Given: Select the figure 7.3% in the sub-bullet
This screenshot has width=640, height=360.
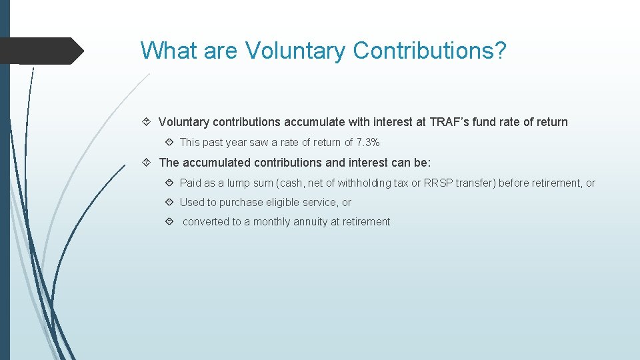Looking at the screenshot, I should (368, 142).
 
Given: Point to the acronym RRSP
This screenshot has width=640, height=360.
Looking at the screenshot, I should (439, 183).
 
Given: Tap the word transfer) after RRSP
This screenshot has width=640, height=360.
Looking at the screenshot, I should (475, 183).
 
